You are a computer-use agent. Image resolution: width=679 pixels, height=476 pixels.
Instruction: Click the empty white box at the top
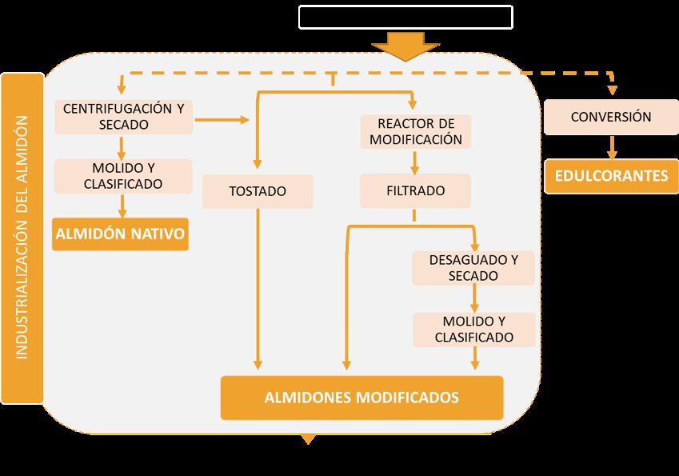(405, 17)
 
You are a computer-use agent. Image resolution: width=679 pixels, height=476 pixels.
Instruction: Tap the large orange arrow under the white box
(405, 46)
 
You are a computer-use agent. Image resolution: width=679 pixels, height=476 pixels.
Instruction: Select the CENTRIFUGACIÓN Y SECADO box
(123, 117)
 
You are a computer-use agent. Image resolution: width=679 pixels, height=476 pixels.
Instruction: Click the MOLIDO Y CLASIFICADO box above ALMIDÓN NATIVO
(123, 175)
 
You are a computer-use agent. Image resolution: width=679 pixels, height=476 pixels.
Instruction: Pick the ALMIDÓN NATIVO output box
(120, 234)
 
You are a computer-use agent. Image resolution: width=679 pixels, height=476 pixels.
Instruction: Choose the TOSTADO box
(258, 192)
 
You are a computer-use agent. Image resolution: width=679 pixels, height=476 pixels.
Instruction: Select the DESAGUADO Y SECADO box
(473, 268)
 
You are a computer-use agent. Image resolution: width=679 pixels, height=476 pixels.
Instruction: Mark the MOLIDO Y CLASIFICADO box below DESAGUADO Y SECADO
(473, 329)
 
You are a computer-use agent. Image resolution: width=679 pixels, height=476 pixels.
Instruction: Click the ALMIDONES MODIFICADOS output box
(361, 397)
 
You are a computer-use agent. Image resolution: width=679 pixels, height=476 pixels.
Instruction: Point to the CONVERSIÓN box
(611, 117)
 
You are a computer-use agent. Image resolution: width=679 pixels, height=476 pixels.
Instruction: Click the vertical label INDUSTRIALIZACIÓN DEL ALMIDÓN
(22, 238)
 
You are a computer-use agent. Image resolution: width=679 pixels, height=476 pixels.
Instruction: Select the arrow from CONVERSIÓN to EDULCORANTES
(611, 146)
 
